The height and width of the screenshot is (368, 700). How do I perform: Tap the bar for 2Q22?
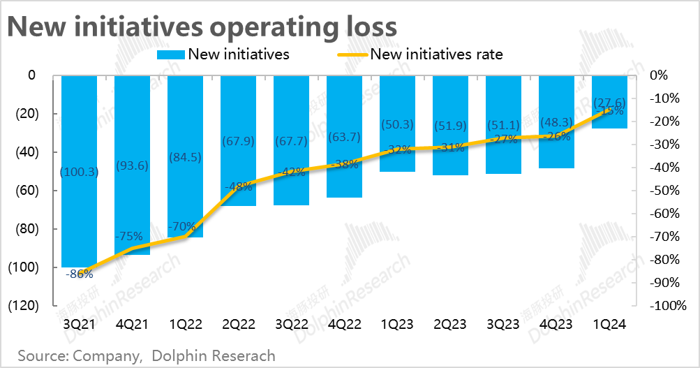pos(238,175)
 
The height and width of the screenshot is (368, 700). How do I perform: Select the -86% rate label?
pos(79,274)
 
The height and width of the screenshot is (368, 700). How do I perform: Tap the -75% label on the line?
pos(131,235)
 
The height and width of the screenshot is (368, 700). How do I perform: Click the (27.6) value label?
pos(609,103)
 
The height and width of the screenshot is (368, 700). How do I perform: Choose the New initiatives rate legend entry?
pos(436,54)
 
